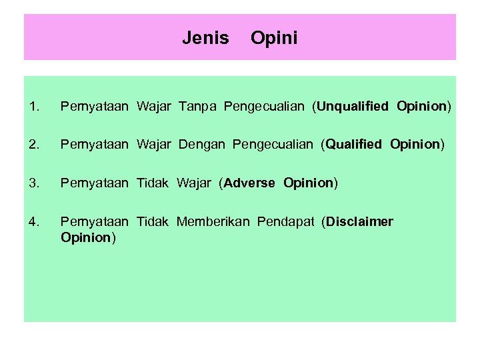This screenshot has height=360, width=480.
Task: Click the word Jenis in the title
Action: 205,38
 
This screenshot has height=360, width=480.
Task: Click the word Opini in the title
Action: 274,38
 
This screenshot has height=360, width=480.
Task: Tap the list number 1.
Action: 35,106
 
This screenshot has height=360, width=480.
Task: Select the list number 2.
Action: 35,144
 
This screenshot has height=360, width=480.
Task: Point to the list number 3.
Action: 35,183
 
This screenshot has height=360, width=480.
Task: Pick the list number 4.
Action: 35,221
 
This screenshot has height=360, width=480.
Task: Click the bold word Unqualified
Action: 353,106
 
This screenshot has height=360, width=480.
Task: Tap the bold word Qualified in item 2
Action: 355,144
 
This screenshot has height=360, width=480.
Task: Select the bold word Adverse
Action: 250,183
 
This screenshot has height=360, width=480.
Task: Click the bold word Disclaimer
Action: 360,221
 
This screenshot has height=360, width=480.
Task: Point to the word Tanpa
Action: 199,106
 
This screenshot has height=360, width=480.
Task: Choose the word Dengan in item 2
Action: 202,144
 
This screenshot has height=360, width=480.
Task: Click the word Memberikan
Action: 213,221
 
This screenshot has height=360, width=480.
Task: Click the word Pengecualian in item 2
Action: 273,144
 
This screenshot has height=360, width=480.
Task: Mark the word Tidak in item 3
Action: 153,183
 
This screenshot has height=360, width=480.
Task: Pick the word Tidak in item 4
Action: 153,221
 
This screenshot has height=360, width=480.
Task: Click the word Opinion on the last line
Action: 86,238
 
